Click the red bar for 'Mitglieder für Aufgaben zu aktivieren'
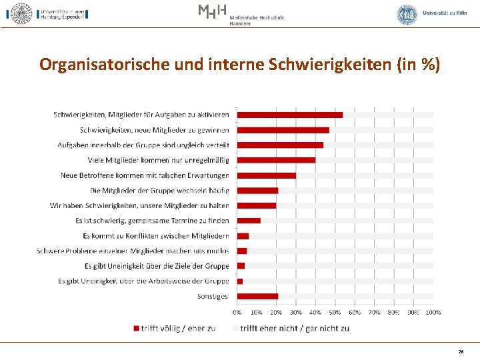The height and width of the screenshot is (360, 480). click(x=290, y=115)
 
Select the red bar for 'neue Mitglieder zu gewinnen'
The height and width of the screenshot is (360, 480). click(x=283, y=130)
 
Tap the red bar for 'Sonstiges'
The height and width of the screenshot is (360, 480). click(x=257, y=296)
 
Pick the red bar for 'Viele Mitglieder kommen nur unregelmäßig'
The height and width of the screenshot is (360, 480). click(x=276, y=160)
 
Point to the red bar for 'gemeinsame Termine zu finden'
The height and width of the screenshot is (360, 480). click(x=249, y=221)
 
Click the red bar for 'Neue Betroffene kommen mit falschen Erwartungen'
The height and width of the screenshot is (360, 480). click(x=267, y=175)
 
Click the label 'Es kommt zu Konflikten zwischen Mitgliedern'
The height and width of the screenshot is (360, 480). click(x=156, y=236)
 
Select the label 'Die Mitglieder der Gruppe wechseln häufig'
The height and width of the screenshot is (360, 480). click(x=159, y=191)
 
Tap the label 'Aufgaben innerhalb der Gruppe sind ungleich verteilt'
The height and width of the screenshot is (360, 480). click(x=143, y=145)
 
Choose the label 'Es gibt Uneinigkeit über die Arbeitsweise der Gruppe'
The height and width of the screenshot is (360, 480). click(x=143, y=281)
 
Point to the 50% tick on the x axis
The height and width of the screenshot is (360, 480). click(x=335, y=312)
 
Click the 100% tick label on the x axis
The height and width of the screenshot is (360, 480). click(x=433, y=312)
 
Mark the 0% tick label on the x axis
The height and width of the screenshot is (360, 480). click(x=237, y=312)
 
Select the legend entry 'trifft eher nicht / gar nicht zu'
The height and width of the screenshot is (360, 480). click(x=294, y=328)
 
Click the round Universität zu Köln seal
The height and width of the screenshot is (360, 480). click(x=407, y=14)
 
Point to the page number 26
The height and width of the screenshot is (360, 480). click(x=461, y=351)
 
